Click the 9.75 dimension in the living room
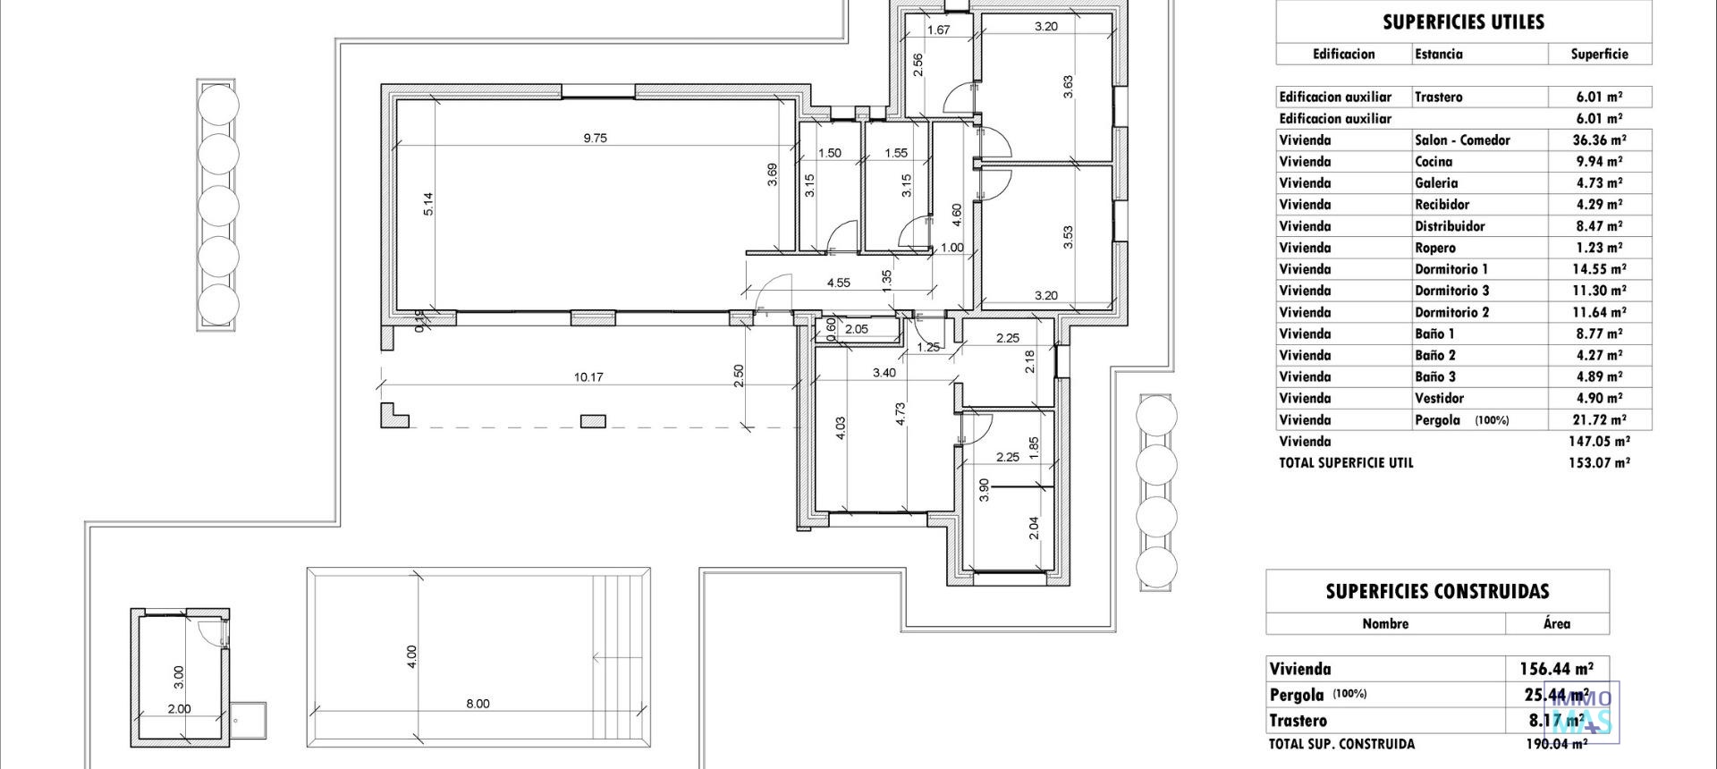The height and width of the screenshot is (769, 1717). coord(595,138)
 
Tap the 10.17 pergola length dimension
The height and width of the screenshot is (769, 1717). coord(588,377)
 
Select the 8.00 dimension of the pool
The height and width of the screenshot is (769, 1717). coord(478,704)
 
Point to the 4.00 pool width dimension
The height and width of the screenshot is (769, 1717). coord(411,656)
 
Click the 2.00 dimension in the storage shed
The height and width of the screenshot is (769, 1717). coord(179,709)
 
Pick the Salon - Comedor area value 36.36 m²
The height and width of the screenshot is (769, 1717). coord(1599,140)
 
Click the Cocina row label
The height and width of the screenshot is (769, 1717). coord(1434,162)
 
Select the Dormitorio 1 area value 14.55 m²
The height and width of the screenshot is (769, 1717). coord(1599,269)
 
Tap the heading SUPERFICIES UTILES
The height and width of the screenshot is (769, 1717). coord(1463,22)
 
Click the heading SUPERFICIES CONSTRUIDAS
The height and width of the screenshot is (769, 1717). coord(1437,591)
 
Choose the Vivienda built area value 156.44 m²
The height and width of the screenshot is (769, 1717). coord(1556,669)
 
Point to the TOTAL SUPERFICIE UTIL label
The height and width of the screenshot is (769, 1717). coord(1346,463)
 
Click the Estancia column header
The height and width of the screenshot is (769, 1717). coord(1439,55)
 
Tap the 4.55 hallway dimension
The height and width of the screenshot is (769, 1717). coord(838,283)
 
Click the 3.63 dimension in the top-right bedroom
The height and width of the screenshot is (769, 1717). coord(1068,87)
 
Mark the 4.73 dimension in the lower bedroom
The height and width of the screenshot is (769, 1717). coord(901,412)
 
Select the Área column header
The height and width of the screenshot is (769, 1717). coord(1556,624)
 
